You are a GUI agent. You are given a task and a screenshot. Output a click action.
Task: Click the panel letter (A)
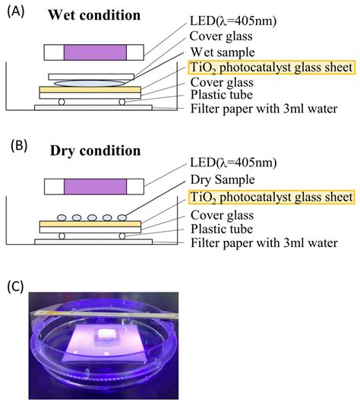point(16,13)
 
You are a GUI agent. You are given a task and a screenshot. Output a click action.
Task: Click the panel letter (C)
point(16,286)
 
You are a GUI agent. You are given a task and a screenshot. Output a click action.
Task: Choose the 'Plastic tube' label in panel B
point(222,227)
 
